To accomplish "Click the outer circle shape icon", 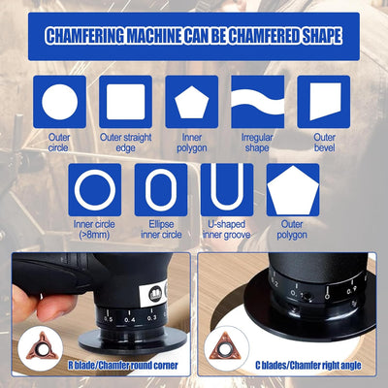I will coord(60,101).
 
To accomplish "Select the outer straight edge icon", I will coord(125,101).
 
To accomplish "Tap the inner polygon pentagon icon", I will coord(191,101).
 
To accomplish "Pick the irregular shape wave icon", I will coord(257,101).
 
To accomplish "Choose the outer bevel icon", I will coord(324,101).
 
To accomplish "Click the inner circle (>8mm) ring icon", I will coord(95,189).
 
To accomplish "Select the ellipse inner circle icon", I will coord(161,189).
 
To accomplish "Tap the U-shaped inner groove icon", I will coord(227,189).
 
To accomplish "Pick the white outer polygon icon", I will coord(293,189).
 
